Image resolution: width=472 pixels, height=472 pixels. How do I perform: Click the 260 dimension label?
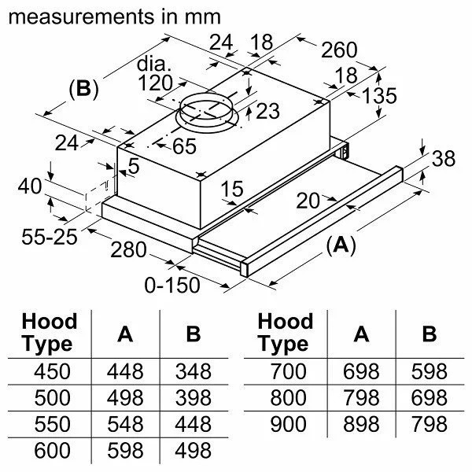pyautogui.click(x=338, y=51)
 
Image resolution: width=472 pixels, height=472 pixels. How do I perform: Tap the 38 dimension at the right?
pyautogui.click(x=444, y=159)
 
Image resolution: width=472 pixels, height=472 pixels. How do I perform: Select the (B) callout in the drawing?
pyautogui.click(x=83, y=89)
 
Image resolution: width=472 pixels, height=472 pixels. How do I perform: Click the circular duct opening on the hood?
pyautogui.click(x=208, y=114)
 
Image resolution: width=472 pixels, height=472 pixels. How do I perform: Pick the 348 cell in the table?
pyautogui.click(x=192, y=371)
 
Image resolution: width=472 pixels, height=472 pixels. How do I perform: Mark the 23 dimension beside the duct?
pyautogui.click(x=267, y=112)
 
